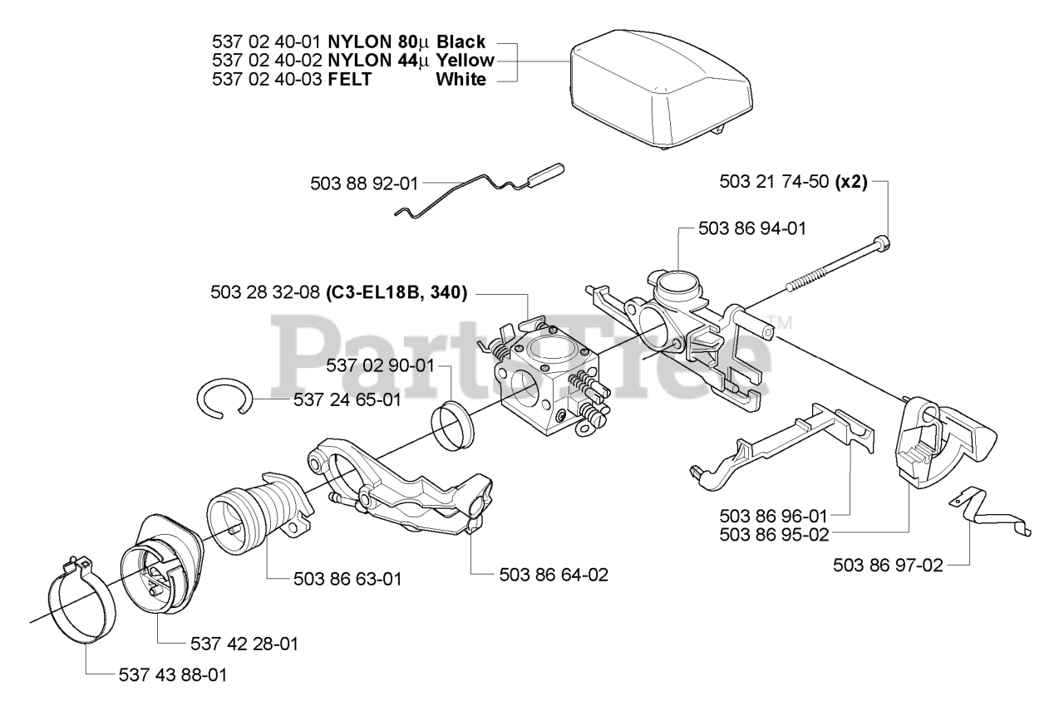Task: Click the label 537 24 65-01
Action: (x=347, y=400)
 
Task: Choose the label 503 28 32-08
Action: (x=266, y=292)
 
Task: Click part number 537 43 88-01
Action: (x=171, y=675)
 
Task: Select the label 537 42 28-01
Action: (x=244, y=644)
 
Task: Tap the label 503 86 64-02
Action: (x=554, y=573)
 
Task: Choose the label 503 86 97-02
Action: (x=888, y=566)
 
